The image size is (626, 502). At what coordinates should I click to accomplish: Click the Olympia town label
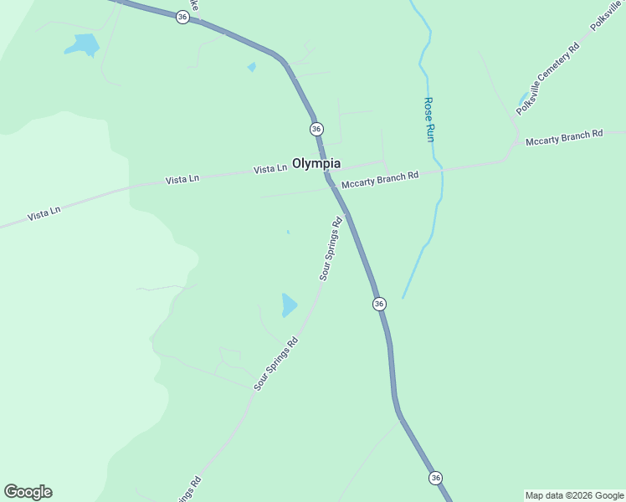point(316,163)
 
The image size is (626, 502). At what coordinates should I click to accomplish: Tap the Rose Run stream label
point(429,119)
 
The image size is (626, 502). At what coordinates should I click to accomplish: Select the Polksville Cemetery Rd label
point(547,80)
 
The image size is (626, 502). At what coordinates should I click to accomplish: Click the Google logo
point(28,492)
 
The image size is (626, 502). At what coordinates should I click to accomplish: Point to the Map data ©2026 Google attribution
point(575,495)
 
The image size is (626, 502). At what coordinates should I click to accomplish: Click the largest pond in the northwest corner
point(83,44)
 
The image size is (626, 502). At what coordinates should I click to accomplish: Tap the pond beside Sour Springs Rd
point(289,305)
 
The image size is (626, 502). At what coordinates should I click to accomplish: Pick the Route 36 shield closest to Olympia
point(316,129)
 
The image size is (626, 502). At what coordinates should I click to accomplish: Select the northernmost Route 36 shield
point(182,17)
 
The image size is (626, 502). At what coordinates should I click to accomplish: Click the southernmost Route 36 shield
point(435,477)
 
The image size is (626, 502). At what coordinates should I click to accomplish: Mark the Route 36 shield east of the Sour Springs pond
point(379,304)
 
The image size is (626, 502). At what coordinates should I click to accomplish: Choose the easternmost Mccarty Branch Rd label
point(564,138)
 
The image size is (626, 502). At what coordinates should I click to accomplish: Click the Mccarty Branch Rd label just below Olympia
point(379,180)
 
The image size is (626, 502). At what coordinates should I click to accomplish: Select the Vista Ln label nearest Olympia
point(270,169)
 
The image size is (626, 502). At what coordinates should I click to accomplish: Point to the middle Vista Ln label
point(182,179)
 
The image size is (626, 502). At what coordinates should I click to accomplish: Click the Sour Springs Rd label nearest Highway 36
point(331,248)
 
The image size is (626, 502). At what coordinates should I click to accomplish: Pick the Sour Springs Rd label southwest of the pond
point(276,364)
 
